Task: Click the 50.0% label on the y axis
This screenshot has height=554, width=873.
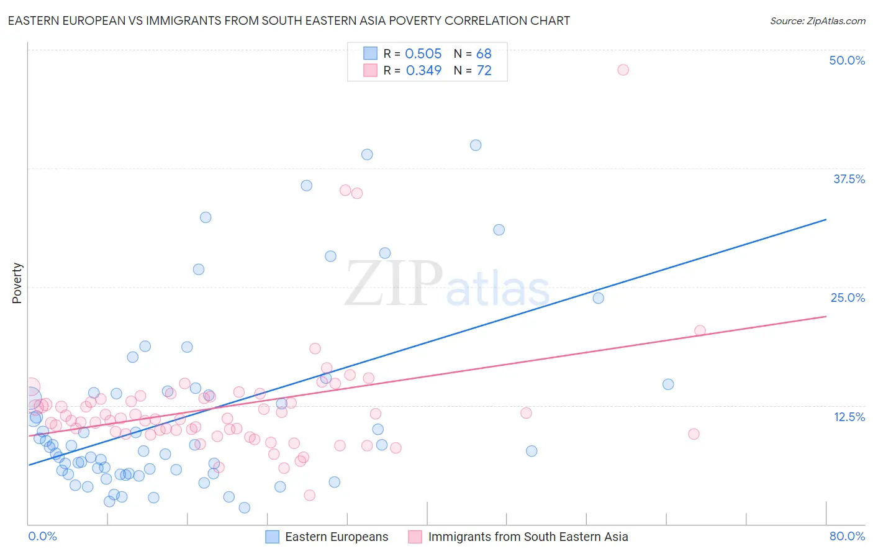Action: click(847, 60)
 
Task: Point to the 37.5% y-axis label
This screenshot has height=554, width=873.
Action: click(849, 179)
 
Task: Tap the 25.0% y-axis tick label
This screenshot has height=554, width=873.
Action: click(848, 297)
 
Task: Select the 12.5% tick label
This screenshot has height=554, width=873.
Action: click(849, 417)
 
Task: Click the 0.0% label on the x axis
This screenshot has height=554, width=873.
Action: click(42, 536)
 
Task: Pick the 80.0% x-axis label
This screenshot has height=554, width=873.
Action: click(847, 536)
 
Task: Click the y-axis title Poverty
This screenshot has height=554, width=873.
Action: click(17, 283)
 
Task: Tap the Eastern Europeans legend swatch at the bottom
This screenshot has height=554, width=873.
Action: click(272, 537)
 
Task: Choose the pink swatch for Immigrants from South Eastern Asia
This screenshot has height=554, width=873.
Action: click(415, 537)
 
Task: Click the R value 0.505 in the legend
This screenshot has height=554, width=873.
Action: click(423, 54)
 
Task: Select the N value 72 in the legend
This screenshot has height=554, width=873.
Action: click(484, 71)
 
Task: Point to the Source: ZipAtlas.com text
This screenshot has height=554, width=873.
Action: click(817, 21)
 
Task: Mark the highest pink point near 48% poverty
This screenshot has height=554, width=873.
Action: click(623, 70)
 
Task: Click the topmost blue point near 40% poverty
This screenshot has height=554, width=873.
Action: click(476, 145)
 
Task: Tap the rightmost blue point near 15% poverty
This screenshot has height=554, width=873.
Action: click(668, 384)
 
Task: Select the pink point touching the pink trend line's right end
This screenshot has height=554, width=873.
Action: click(700, 331)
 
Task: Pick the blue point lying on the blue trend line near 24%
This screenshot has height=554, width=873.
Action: click(598, 298)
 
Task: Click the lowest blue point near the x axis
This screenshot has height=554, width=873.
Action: click(245, 508)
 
